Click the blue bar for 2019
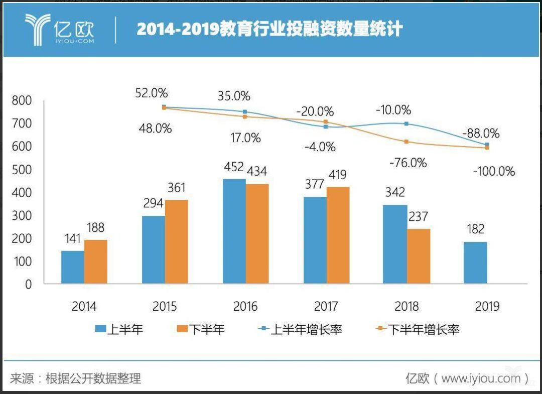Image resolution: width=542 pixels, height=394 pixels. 475,262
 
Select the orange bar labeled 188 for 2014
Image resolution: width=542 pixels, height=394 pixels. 95,261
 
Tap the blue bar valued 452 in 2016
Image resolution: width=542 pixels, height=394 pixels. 234,231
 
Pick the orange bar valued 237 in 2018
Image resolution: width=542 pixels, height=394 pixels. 419,256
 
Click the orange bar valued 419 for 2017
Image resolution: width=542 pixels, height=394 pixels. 338,235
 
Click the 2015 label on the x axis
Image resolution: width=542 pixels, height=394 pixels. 165,306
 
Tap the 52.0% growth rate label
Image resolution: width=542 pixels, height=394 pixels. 151,93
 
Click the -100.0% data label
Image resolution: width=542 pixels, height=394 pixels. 494,171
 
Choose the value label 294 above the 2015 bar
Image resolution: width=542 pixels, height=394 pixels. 153,203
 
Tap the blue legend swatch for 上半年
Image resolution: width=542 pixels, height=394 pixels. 100,329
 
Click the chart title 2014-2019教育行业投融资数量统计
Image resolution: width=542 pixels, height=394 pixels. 269,29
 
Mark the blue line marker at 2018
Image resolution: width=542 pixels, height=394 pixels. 406,123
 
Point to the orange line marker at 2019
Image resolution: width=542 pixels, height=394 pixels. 487,148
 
